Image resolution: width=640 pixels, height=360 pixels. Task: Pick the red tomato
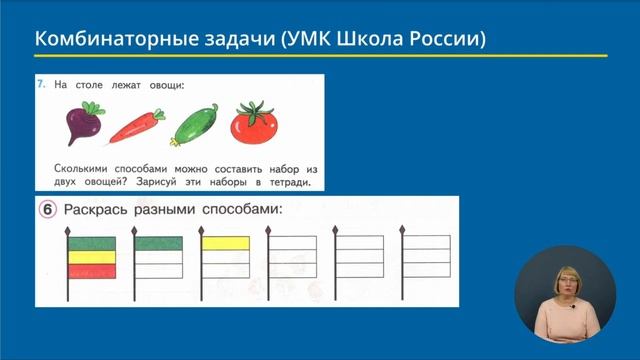coord(255,127)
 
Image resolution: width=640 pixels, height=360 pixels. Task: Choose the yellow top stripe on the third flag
coord(224,242)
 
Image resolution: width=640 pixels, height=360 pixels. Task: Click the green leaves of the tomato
coord(258,109)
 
